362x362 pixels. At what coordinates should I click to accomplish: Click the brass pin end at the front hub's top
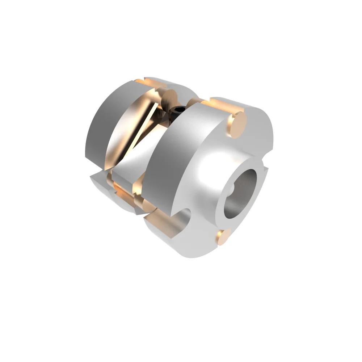coord(237,125)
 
